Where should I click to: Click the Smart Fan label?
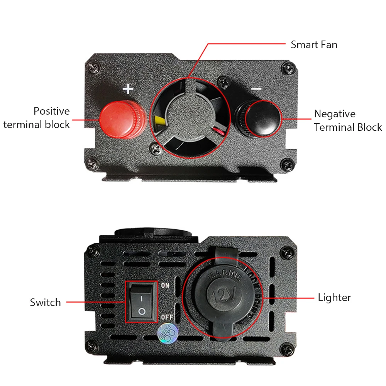[314, 45]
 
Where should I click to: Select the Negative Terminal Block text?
[348, 120]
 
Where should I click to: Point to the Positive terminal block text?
[37, 118]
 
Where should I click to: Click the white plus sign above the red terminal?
[128, 89]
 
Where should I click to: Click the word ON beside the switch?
[166, 286]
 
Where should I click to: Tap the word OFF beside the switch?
[167, 317]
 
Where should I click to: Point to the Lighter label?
[334, 298]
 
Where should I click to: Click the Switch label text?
[45, 302]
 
